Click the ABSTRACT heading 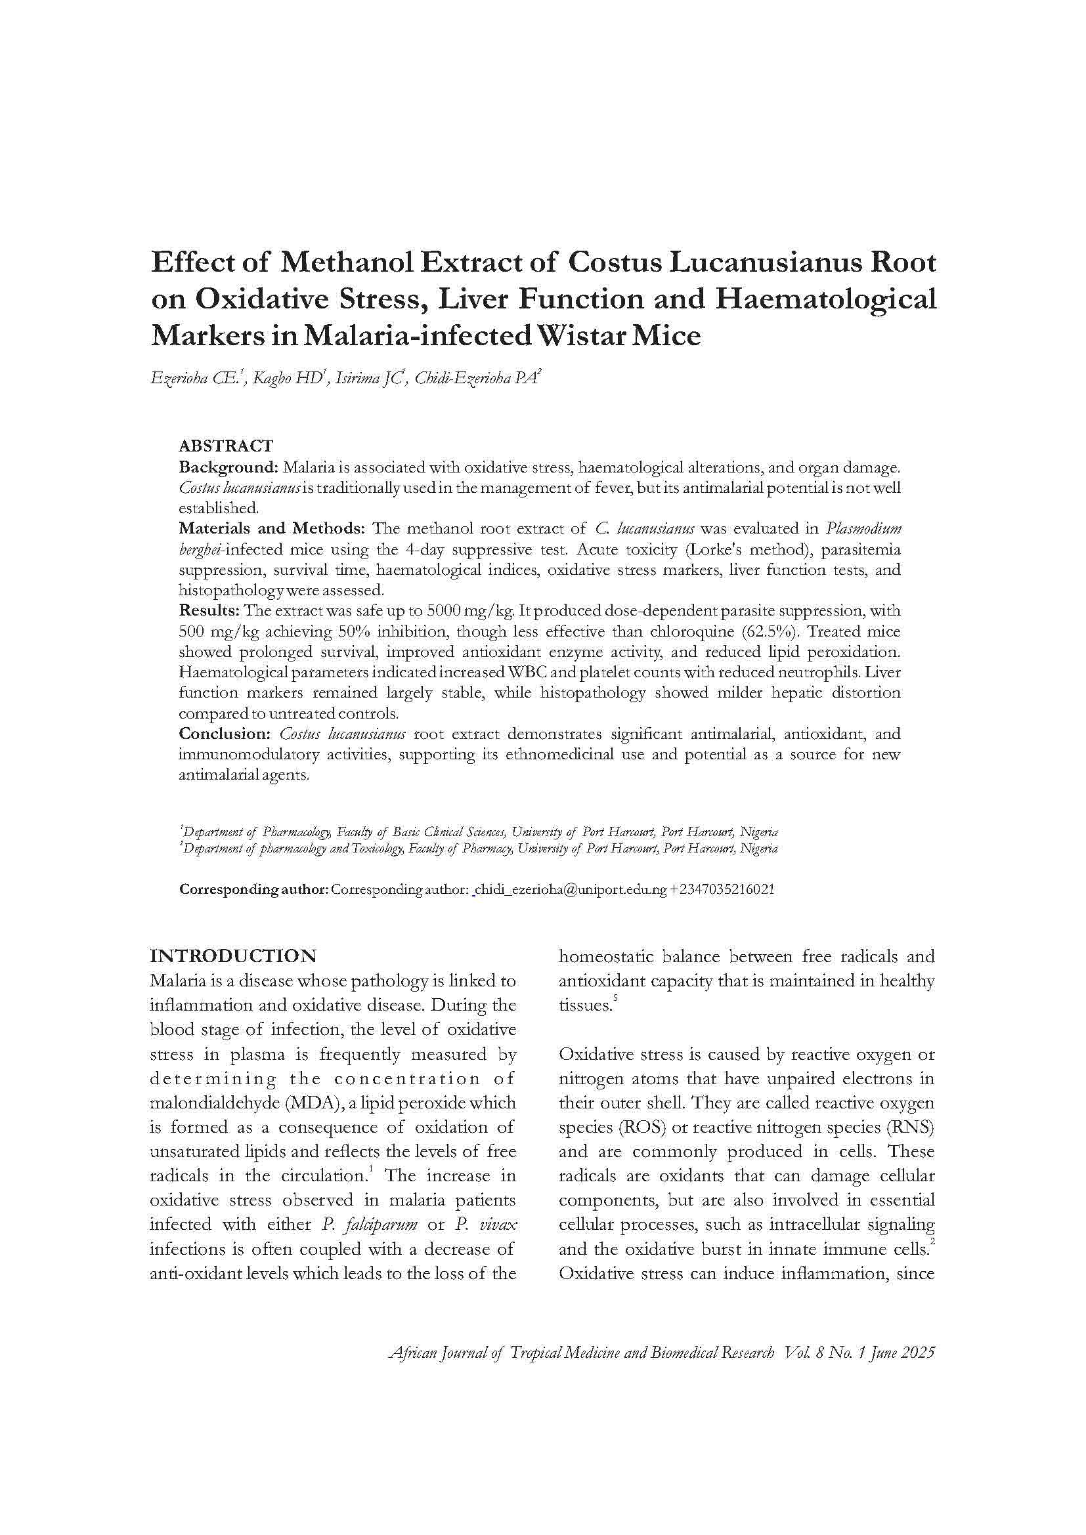pos(225,446)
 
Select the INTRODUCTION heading pos(232,956)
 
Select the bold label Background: pos(228,467)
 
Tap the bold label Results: pos(209,610)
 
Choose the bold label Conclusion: pos(224,734)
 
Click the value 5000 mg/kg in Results pos(470,610)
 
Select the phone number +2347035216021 pos(722,890)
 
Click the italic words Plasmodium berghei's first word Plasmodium pos(863,528)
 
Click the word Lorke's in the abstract pos(708,549)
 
